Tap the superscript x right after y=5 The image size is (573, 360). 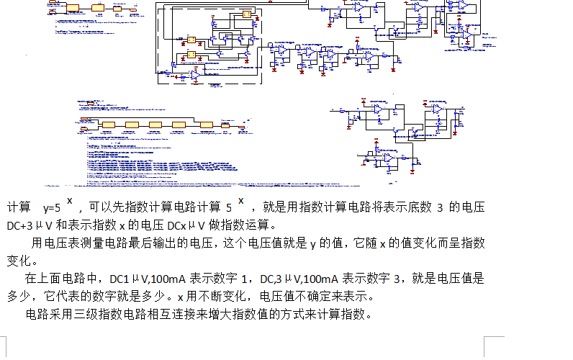pyautogui.click(x=70, y=200)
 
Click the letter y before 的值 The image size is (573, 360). pyautogui.click(x=314, y=243)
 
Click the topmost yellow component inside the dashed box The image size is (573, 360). pyautogui.click(x=246, y=14)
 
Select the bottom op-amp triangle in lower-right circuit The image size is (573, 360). pyautogui.click(x=387, y=158)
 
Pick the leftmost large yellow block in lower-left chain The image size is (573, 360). pyautogui.click(x=109, y=125)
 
